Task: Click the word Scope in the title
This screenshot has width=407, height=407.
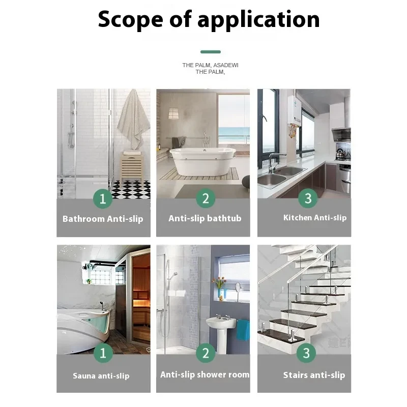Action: pyautogui.click(x=130, y=19)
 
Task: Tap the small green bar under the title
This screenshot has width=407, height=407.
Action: pyautogui.click(x=211, y=52)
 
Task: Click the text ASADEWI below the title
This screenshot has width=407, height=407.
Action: pyautogui.click(x=225, y=65)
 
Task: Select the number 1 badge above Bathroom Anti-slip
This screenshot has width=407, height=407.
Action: pyautogui.click(x=103, y=198)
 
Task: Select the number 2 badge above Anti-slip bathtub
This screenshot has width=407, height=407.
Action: pyautogui.click(x=205, y=198)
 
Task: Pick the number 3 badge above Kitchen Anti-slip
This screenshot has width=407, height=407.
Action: pyautogui.click(x=307, y=198)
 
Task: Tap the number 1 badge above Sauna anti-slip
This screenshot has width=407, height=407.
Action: pyautogui.click(x=103, y=353)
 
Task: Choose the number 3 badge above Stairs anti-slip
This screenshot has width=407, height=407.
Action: pyautogui.click(x=306, y=353)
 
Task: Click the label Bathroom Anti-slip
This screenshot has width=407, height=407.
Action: pyautogui.click(x=103, y=219)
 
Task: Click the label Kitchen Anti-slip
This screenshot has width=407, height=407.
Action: pyautogui.click(x=314, y=218)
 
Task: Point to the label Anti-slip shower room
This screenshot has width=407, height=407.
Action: pyautogui.click(x=205, y=374)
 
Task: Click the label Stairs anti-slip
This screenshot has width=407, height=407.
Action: pyautogui.click(x=314, y=375)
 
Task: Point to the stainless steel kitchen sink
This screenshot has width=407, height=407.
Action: pyautogui.click(x=279, y=176)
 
